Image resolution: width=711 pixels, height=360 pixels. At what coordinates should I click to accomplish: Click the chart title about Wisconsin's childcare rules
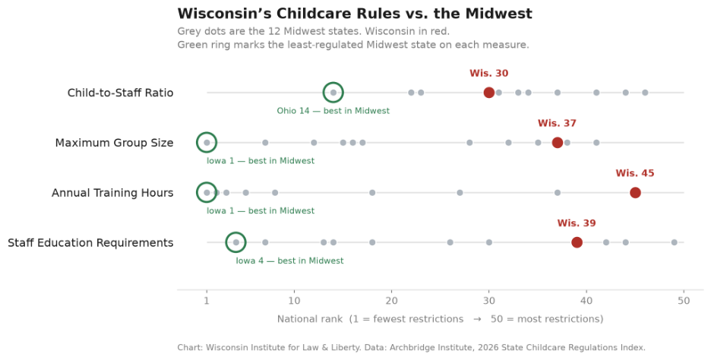coord(355,14)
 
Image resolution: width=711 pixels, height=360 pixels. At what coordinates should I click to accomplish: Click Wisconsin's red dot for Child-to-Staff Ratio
coord(489,93)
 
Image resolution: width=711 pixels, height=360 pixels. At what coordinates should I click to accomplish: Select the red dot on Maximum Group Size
coord(558,143)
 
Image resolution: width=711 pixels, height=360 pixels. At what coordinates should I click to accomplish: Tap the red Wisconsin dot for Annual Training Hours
coord(635,193)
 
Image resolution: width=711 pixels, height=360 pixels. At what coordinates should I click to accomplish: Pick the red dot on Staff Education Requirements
coord(577,242)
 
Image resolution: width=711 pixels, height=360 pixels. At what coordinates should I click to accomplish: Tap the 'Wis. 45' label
coord(635,173)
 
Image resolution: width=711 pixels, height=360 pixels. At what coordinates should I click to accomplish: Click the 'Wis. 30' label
coord(489,74)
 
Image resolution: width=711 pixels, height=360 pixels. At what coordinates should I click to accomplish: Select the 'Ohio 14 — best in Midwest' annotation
coord(333,111)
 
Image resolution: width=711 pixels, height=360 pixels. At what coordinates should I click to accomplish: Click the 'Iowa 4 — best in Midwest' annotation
coord(289,261)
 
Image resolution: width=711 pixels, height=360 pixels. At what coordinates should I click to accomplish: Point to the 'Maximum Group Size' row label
coord(114,143)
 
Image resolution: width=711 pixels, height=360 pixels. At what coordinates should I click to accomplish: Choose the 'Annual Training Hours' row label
coord(112,193)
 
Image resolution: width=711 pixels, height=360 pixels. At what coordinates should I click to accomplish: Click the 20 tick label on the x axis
coord(392,301)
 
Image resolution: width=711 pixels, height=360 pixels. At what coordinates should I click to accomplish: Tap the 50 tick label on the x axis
coord(684,301)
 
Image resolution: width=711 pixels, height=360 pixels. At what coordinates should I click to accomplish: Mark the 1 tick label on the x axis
coord(207,301)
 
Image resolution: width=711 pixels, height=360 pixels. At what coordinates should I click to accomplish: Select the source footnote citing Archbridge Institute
coord(411,348)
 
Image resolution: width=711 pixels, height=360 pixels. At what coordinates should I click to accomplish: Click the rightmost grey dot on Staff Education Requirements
coord(675,242)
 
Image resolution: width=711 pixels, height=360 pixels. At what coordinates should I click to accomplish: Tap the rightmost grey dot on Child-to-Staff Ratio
coord(645,93)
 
